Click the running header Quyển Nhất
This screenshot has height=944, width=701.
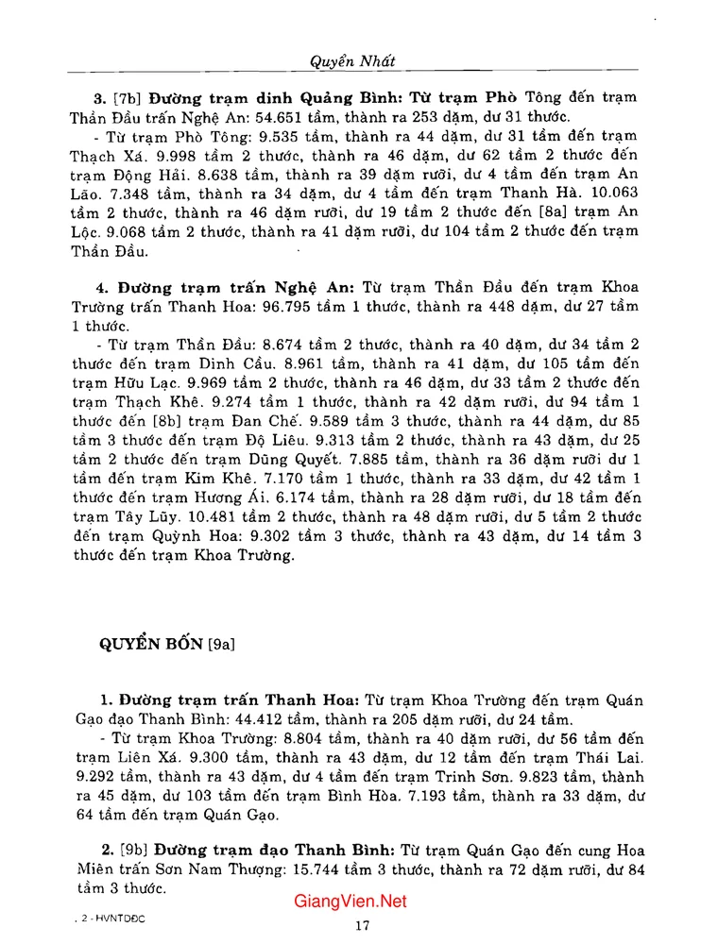351,60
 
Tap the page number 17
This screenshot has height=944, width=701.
362,926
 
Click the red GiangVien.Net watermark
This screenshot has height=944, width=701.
350,902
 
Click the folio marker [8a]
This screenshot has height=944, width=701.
524,211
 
